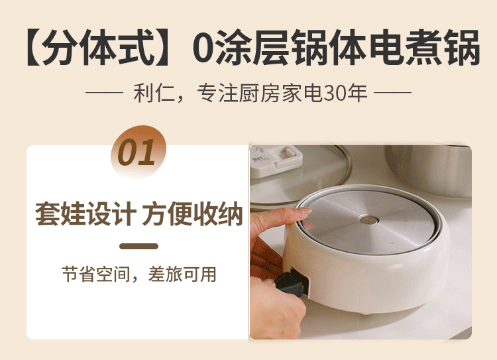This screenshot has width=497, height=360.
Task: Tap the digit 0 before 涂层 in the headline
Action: click(204, 48)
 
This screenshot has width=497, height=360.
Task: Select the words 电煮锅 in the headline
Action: click(424, 48)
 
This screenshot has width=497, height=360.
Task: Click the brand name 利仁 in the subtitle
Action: click(154, 93)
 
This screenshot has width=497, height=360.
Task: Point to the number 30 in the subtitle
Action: click(336, 93)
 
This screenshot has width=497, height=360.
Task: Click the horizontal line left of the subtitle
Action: click(104, 93)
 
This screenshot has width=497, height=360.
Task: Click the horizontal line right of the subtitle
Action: click(392, 93)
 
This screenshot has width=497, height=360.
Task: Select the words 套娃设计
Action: click(85, 213)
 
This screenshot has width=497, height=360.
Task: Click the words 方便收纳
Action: click(192, 213)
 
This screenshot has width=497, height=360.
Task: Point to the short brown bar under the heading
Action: click(139, 246)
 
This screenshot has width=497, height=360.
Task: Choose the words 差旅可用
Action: click(182, 274)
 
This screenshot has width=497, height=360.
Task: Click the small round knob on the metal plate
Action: click(369, 219)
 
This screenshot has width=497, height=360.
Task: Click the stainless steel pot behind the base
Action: click(428, 170)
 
